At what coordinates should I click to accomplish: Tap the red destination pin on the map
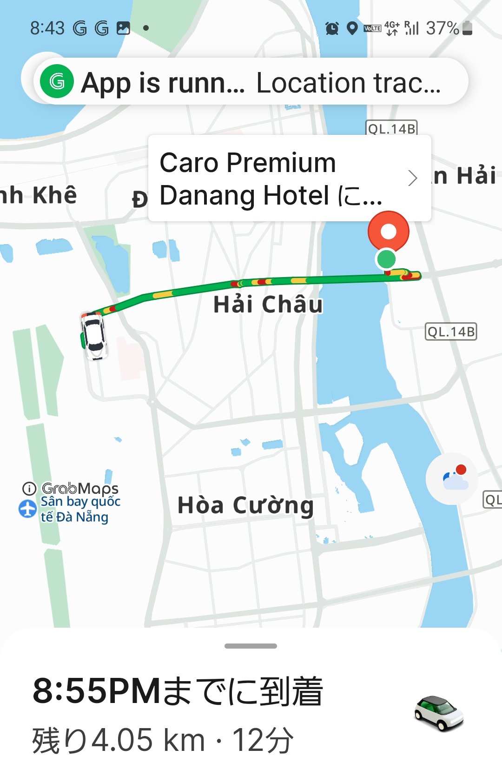pyautogui.click(x=388, y=231)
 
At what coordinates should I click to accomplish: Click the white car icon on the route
pyautogui.click(x=94, y=335)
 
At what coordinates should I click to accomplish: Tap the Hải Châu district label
pyautogui.click(x=268, y=305)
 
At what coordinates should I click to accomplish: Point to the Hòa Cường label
pyautogui.click(x=245, y=505)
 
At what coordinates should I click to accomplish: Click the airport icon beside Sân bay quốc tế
pyautogui.click(x=27, y=509)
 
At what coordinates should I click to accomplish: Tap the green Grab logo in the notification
pyautogui.click(x=57, y=82)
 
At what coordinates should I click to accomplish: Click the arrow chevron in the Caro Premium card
pyautogui.click(x=412, y=178)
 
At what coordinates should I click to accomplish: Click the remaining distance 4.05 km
pyautogui.click(x=148, y=740)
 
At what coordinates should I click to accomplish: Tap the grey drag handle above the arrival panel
pyautogui.click(x=251, y=646)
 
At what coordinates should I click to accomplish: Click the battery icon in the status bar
pyautogui.click(x=468, y=28)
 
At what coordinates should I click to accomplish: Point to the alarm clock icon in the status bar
pyautogui.click(x=332, y=28)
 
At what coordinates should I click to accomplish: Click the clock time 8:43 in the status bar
pyautogui.click(x=47, y=28)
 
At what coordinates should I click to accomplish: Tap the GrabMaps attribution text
pyautogui.click(x=79, y=488)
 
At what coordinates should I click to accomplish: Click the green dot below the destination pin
pyautogui.click(x=386, y=259)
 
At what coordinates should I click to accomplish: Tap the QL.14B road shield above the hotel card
pyautogui.click(x=392, y=128)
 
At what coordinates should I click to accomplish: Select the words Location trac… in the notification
pyautogui.click(x=348, y=83)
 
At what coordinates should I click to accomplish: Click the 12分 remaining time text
pyautogui.click(x=263, y=740)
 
